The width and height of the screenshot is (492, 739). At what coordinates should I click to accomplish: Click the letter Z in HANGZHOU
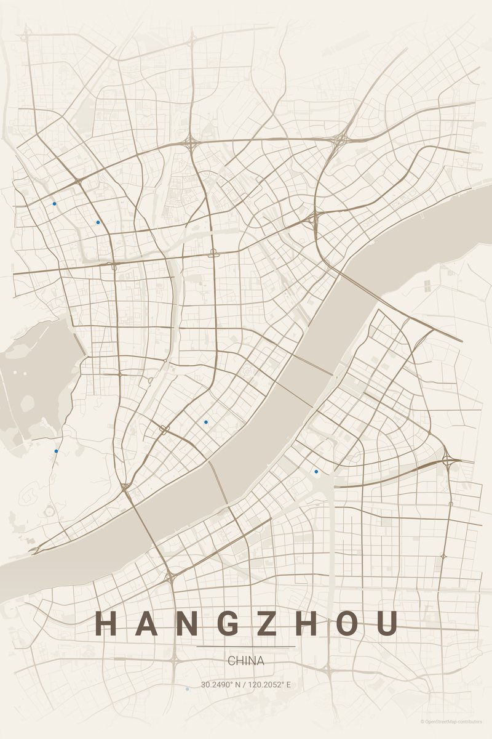click(267, 623)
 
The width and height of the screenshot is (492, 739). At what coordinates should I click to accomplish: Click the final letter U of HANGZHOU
click(387, 623)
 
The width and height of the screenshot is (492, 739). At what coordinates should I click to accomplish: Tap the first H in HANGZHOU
click(106, 623)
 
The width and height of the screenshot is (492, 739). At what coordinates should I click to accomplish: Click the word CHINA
click(246, 661)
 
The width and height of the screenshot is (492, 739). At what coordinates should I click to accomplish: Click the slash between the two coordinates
click(244, 685)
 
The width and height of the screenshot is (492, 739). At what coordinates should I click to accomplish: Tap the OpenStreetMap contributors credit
click(452, 721)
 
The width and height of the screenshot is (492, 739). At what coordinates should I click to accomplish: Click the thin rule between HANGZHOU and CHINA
click(246, 647)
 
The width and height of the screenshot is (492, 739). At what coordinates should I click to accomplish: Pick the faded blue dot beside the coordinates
click(187, 689)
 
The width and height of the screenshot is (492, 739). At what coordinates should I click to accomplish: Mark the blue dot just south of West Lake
click(56, 451)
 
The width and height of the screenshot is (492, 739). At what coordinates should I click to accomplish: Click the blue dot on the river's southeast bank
click(316, 472)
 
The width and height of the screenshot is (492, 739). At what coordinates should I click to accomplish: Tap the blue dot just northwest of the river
click(205, 422)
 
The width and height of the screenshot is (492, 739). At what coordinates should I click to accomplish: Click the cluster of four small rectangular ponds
click(427, 285)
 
